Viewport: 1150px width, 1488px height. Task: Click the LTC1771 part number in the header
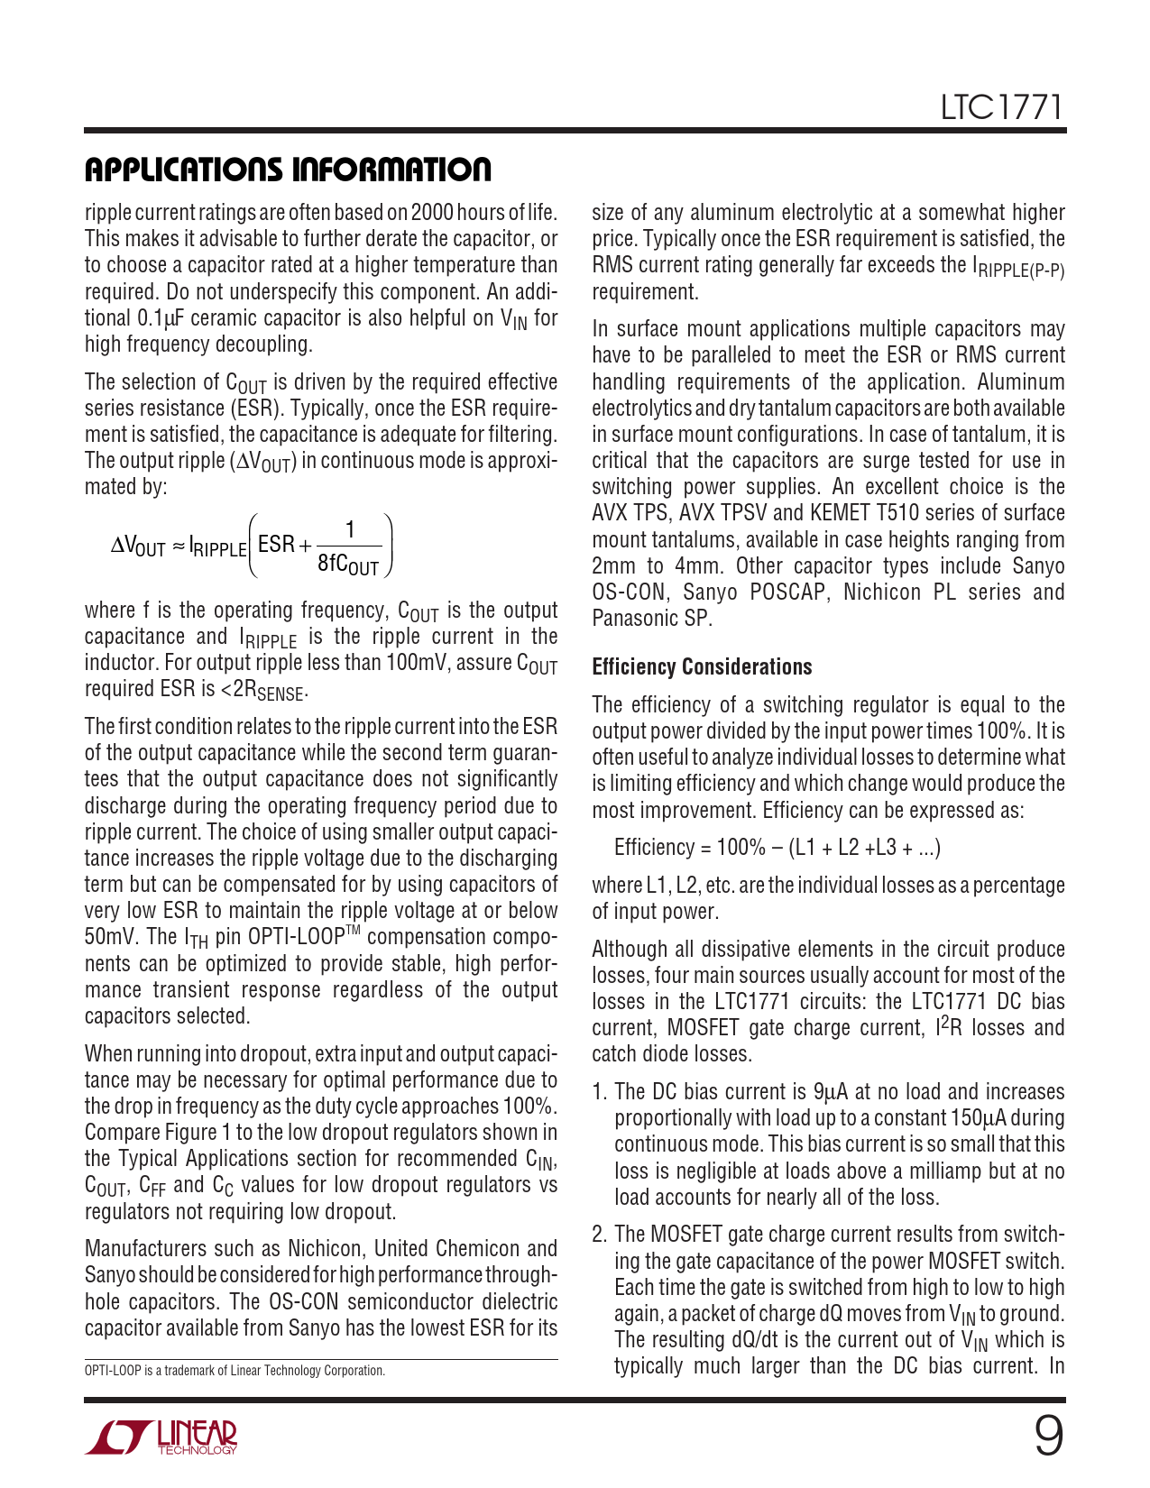[1002, 108]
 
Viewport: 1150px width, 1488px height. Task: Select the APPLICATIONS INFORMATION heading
[288, 170]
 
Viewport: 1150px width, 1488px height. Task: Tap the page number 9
[1048, 1437]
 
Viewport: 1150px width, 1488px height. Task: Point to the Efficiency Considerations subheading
[702, 667]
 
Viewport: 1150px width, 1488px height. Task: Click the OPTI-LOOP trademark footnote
[235, 1371]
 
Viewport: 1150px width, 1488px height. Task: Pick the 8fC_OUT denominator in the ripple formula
[348, 565]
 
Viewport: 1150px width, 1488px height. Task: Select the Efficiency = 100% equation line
[777, 848]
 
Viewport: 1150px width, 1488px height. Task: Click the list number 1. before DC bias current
[599, 1092]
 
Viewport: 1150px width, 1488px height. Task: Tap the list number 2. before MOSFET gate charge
[600, 1235]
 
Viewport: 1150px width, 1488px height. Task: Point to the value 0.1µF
[161, 318]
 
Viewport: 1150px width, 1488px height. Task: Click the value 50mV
[110, 937]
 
